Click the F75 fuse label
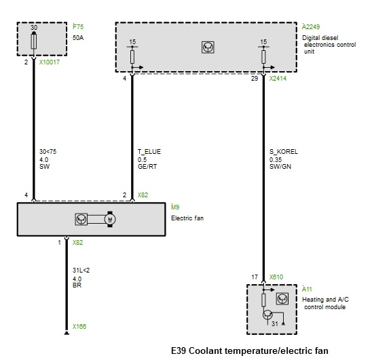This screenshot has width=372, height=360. [78, 27]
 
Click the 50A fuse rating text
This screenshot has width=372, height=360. [78, 38]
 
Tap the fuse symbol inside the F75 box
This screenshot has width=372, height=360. [34, 41]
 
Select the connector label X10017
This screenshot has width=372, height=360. [50, 62]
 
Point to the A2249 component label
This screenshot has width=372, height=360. [311, 27]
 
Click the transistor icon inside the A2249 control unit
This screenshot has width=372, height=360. [208, 47]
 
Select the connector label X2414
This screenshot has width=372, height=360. [278, 79]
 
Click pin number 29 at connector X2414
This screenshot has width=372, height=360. [255, 79]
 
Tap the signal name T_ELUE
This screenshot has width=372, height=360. [149, 152]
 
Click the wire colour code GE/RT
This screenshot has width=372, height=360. [147, 167]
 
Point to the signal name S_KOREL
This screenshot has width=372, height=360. [284, 152]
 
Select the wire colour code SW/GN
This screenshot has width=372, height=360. [280, 167]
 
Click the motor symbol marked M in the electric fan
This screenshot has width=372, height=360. [110, 219]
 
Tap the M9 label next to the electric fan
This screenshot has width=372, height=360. [175, 207]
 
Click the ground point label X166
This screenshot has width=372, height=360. [79, 327]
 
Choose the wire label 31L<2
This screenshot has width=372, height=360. [81, 271]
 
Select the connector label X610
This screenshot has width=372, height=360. [276, 277]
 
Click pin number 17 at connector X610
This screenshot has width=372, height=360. [255, 277]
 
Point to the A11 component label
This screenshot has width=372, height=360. [307, 289]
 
